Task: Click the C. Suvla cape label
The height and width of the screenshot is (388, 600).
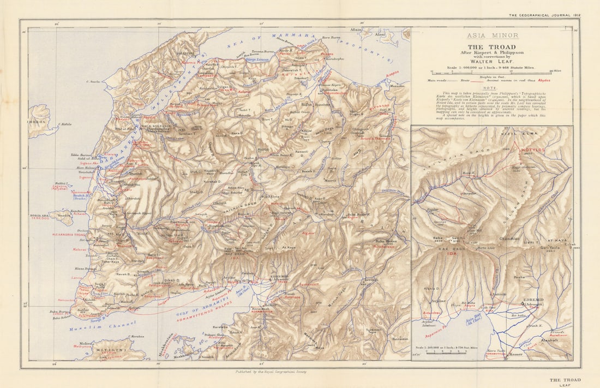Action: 94,82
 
